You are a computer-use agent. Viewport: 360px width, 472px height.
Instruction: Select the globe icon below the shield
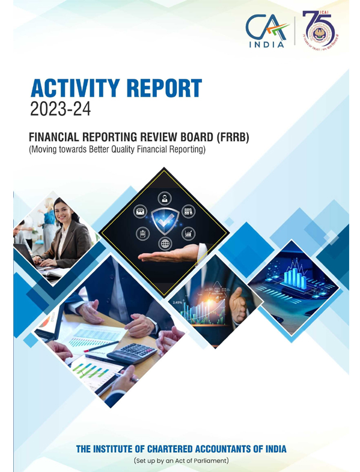coord(164,244)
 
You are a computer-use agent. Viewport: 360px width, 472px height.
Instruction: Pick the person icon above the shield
coord(163,198)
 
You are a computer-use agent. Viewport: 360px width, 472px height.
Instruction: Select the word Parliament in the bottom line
coord(207,461)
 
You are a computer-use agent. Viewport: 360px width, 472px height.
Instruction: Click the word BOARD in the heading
coord(184,138)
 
